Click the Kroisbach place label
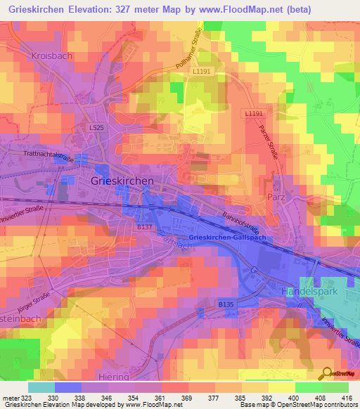[52, 55]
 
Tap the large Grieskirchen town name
[123, 181]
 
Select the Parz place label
[276, 197]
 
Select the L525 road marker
[97, 127]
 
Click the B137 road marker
[144, 227]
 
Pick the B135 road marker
[225, 304]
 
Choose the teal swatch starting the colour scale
[41, 387]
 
